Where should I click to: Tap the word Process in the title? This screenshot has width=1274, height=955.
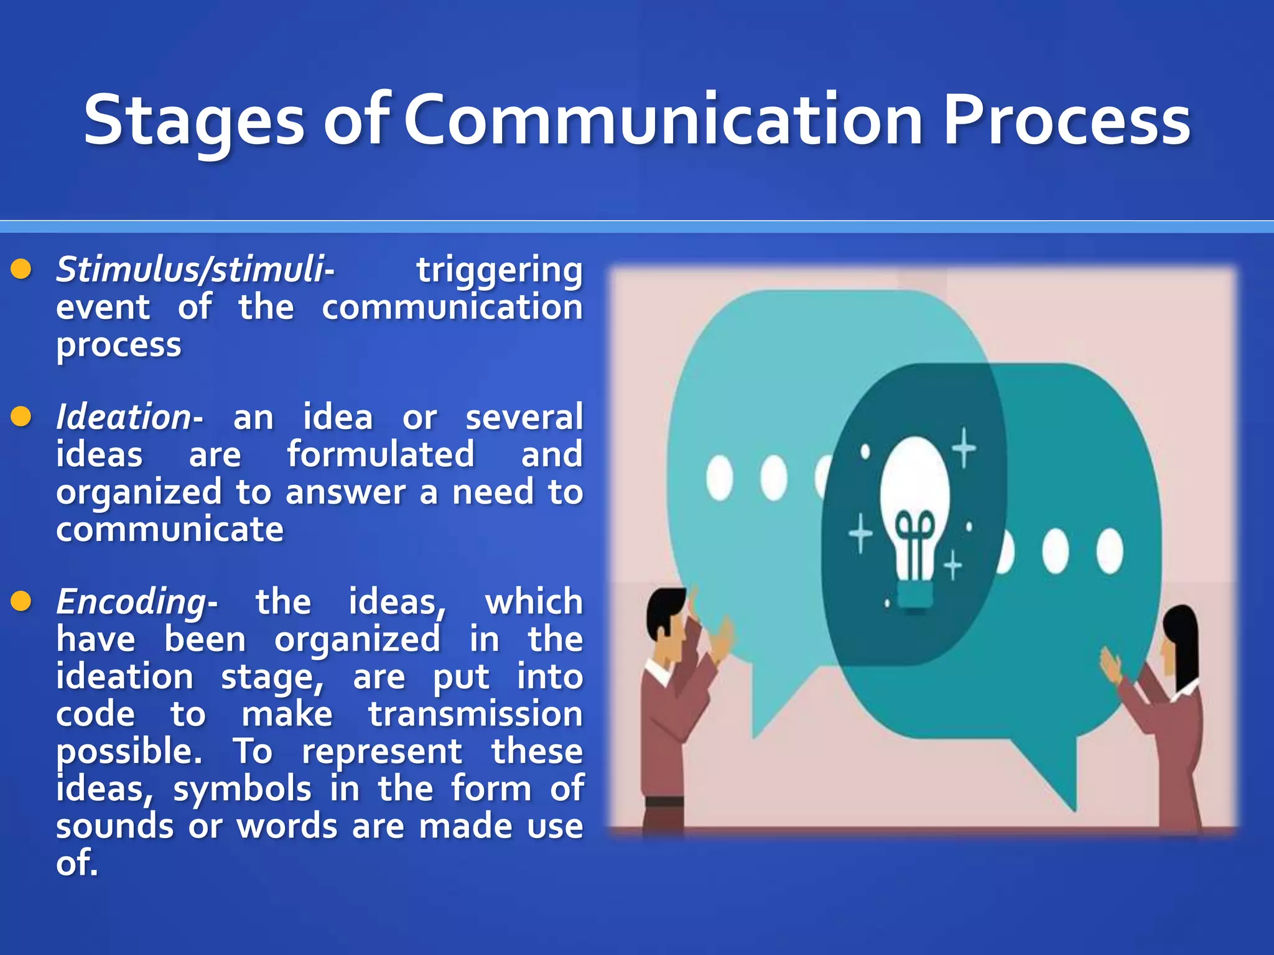pos(1066,122)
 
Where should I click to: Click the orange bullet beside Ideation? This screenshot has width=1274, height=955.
pos(21,417)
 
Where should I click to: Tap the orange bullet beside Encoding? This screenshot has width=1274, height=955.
pos(21,601)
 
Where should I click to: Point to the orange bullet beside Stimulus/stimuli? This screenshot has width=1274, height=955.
pos(21,269)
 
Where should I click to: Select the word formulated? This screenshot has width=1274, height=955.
pos(380,454)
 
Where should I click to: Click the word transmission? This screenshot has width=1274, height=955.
pos(475,714)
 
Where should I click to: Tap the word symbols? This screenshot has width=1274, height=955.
pos(242,789)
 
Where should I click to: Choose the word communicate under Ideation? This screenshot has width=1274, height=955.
pos(169,530)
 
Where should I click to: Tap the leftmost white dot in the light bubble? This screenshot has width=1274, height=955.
pos(720,477)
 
